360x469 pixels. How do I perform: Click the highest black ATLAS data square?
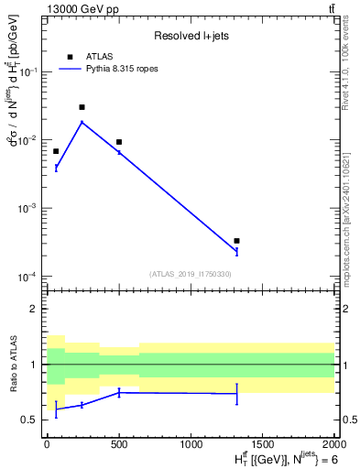82,107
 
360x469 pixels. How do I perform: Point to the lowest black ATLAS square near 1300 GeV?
236,241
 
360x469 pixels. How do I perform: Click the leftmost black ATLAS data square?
56,151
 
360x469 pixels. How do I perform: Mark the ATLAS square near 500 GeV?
119,142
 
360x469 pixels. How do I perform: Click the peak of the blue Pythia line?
82,122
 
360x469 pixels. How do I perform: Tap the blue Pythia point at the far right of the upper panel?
236,250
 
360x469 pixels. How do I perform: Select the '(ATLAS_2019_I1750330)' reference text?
190,274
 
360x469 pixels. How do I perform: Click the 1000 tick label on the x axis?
191,442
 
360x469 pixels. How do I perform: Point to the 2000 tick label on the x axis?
334,442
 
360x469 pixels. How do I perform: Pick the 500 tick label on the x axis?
119,442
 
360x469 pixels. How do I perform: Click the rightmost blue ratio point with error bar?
236,394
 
